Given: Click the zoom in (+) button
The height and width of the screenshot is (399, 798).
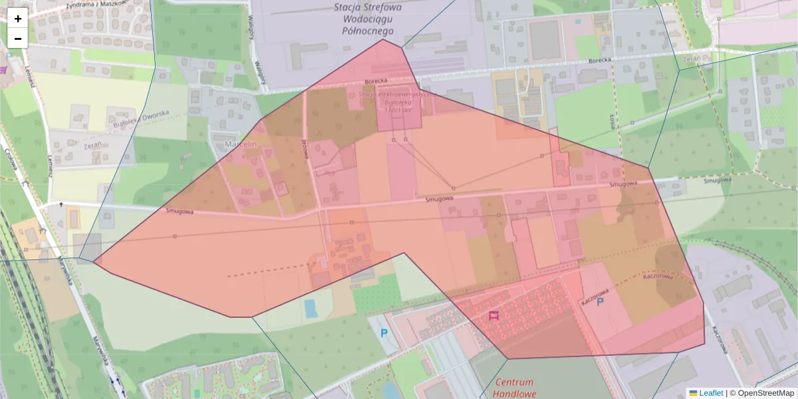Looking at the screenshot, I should [x=18, y=19].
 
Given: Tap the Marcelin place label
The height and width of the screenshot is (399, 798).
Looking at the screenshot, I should [x=240, y=144].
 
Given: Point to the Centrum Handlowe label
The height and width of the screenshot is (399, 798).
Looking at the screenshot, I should [x=515, y=388].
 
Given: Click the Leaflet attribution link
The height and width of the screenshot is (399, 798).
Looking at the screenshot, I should [x=710, y=393].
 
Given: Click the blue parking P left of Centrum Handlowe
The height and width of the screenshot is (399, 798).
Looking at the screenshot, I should [x=383, y=333].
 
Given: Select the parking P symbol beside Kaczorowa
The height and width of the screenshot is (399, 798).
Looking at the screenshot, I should [x=600, y=302].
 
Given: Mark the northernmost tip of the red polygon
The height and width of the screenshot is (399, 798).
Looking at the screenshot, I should [x=383, y=39].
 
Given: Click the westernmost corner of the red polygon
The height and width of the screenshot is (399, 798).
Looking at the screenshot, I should [x=94, y=262].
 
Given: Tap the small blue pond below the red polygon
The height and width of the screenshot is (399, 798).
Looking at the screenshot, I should [x=310, y=308].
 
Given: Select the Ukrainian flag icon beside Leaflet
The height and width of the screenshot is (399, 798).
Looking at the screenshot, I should [x=692, y=393].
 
